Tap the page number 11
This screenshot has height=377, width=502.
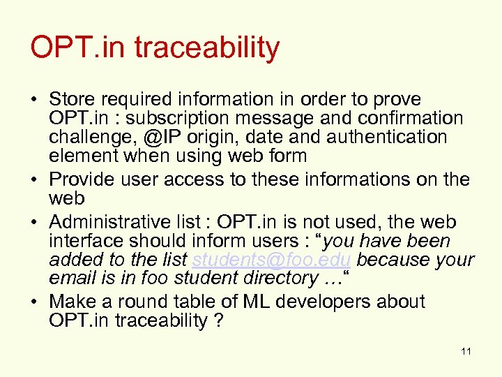(x=466, y=351)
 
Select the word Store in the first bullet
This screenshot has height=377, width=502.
(x=73, y=99)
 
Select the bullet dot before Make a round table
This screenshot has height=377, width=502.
(x=36, y=302)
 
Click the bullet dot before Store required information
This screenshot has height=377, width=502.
(x=36, y=99)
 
